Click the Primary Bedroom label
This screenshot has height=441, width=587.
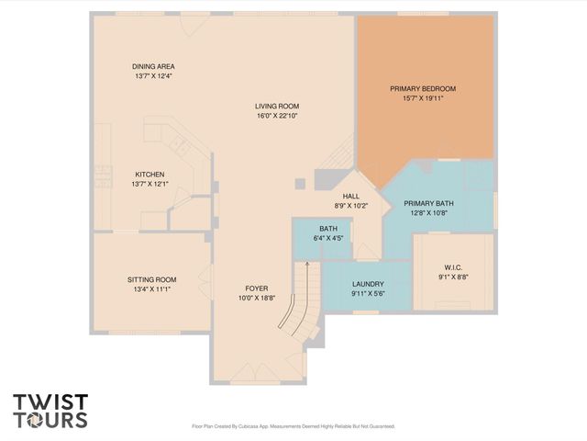coord(423,88)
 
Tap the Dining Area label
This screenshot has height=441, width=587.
coord(153,66)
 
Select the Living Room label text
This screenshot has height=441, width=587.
coord(277,107)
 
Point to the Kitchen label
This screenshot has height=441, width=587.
coord(150,174)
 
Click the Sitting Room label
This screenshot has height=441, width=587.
coord(151,279)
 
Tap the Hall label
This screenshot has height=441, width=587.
coord(351,196)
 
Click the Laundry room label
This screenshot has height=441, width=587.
coord(367,284)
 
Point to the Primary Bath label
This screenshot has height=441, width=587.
coord(429,203)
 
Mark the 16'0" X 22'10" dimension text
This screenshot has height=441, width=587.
coord(277,116)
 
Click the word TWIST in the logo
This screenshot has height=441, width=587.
coord(50,401)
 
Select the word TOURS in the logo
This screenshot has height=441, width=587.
coord(50,420)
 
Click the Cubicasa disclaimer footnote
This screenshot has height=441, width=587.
coord(293,426)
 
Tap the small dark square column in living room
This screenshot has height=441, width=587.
coord(299,184)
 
